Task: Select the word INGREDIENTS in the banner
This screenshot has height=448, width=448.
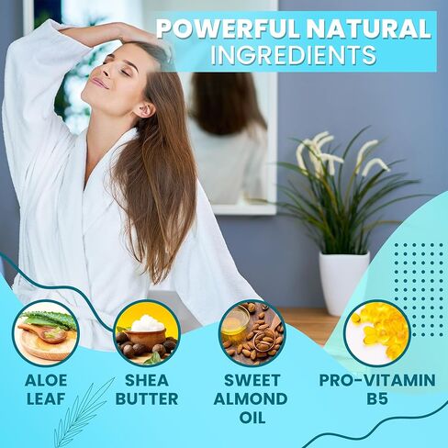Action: click(294, 55)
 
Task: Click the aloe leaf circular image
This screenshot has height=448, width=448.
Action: click(46, 333)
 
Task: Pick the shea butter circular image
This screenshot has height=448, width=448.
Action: click(147, 333)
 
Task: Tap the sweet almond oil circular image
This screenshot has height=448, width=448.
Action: click(252, 333)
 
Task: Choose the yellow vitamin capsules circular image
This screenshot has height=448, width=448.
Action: click(377, 333)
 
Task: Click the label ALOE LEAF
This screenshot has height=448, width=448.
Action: click(46, 389)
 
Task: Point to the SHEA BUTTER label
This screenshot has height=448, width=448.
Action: click(147, 389)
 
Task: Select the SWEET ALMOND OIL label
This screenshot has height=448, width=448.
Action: click(252, 398)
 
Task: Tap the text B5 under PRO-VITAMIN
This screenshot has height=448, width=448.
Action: click(377, 399)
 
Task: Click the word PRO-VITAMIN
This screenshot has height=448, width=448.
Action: click(377, 380)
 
